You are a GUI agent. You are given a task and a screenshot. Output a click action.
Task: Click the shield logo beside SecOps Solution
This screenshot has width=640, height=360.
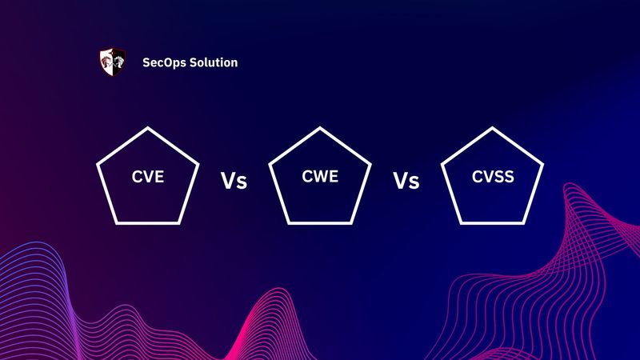pyautogui.click(x=112, y=62)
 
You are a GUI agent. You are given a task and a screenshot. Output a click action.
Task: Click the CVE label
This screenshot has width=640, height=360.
pyautogui.click(x=148, y=178)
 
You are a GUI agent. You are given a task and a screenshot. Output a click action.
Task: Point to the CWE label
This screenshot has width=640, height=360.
pyautogui.click(x=320, y=178)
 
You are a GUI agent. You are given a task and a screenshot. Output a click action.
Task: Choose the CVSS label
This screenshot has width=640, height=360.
pyautogui.click(x=492, y=178)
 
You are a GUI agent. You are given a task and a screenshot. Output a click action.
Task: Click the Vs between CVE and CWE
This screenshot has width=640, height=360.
pyautogui.click(x=234, y=181)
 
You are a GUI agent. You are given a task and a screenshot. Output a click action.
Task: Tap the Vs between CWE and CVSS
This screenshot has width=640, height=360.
pyautogui.click(x=406, y=181)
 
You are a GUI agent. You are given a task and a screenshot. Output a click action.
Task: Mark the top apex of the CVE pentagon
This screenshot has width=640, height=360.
pyautogui.click(x=148, y=126)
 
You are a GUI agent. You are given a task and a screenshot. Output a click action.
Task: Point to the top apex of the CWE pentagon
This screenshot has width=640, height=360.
pyautogui.click(x=320, y=126)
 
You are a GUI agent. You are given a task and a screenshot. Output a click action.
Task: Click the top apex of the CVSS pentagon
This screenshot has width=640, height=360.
pyautogui.click(x=492, y=126)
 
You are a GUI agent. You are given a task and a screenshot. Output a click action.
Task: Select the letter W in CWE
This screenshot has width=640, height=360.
pyautogui.click(x=320, y=178)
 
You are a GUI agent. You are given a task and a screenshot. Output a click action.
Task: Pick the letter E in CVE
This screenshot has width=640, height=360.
pyautogui.click(x=159, y=178)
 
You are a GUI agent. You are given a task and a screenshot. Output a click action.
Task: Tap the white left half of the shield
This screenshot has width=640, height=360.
pyautogui.click(x=106, y=62)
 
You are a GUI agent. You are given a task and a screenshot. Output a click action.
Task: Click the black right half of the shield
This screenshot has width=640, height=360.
pyautogui.click(x=118, y=62)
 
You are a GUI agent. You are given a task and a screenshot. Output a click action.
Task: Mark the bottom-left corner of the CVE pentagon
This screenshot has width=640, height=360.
pyautogui.click(x=117, y=222)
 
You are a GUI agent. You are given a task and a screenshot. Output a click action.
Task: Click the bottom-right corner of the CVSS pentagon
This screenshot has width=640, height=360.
pyautogui.click(x=523, y=222)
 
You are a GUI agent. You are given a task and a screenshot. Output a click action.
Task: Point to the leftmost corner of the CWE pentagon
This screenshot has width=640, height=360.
pyautogui.click(x=270, y=163)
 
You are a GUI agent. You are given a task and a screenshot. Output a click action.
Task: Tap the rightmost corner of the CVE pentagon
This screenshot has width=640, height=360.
pyautogui.click(x=198, y=163)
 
